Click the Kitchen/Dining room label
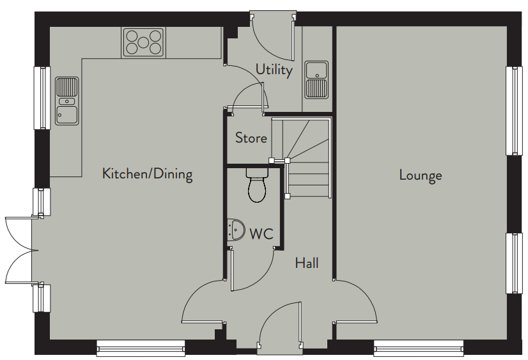click(x=147, y=174)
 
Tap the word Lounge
click(x=421, y=175)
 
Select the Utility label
click(x=274, y=70)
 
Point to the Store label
click(x=251, y=137)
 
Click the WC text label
click(x=261, y=233)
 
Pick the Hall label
click(x=307, y=263)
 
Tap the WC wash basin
click(x=236, y=230)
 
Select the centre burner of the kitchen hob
click(x=143, y=42)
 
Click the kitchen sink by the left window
click(x=67, y=100)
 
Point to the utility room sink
click(x=316, y=80)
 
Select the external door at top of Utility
click(x=274, y=38)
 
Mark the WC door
click(x=252, y=269)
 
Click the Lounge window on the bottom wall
click(x=419, y=348)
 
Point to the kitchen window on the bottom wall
click(x=141, y=348)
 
